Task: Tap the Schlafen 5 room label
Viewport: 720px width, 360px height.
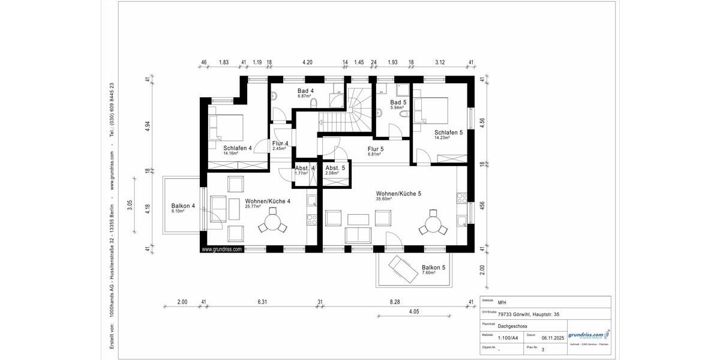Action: pyautogui.click(x=448, y=133)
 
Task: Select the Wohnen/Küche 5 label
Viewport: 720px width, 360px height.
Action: pyautogui.click(x=398, y=194)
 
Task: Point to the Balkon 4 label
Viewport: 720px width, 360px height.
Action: pyautogui.click(x=183, y=206)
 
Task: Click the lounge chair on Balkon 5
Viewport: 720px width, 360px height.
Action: pyautogui.click(x=403, y=269)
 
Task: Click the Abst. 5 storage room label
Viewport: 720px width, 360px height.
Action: pyautogui.click(x=335, y=168)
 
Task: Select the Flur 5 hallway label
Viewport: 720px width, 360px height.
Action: pyautogui.click(x=376, y=149)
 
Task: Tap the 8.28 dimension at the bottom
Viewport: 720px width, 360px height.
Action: pyautogui.click(x=394, y=302)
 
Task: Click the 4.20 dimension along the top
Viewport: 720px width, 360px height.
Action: pyautogui.click(x=307, y=62)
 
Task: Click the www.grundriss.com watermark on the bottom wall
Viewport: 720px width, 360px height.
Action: pyautogui.click(x=221, y=249)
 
